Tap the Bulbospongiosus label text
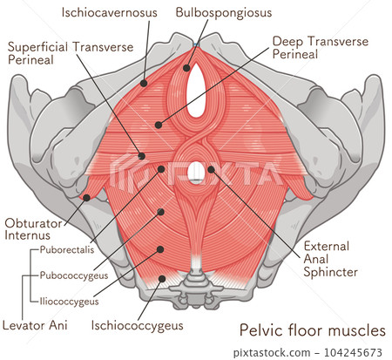223,13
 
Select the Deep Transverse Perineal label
321,48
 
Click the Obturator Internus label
33,229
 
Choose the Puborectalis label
66,250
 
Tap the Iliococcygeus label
69,302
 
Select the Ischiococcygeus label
137,327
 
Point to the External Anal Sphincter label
330,258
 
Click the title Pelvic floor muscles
312,331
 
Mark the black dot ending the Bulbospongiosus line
186,67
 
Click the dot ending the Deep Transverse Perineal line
158,125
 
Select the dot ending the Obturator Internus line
86,197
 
